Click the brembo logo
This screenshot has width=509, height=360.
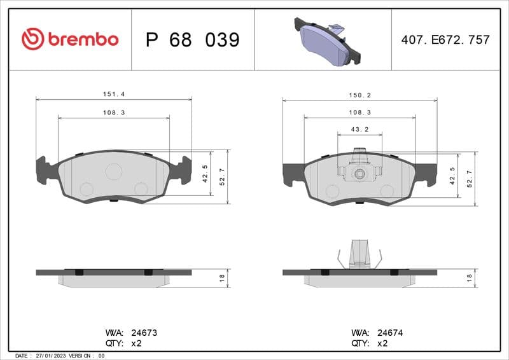click(x=70, y=39)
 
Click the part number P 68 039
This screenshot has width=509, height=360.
click(x=192, y=40)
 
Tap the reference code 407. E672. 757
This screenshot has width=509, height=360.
click(x=445, y=39)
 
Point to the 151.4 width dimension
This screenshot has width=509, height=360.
click(x=113, y=94)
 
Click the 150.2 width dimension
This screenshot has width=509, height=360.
click(x=359, y=95)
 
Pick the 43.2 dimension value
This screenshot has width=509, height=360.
click(x=359, y=129)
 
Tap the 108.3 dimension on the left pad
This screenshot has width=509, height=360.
click(x=113, y=112)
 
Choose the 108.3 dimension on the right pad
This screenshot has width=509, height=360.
click(x=359, y=112)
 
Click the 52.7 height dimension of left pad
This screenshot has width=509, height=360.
click(x=222, y=177)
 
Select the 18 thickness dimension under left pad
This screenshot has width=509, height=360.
click(x=222, y=278)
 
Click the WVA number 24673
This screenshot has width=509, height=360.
click(x=144, y=333)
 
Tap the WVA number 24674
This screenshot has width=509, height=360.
click(x=390, y=333)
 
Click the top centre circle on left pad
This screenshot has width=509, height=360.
click(x=113, y=171)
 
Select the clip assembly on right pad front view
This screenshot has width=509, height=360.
click(x=359, y=169)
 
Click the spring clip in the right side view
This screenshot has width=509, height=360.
click(x=360, y=254)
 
